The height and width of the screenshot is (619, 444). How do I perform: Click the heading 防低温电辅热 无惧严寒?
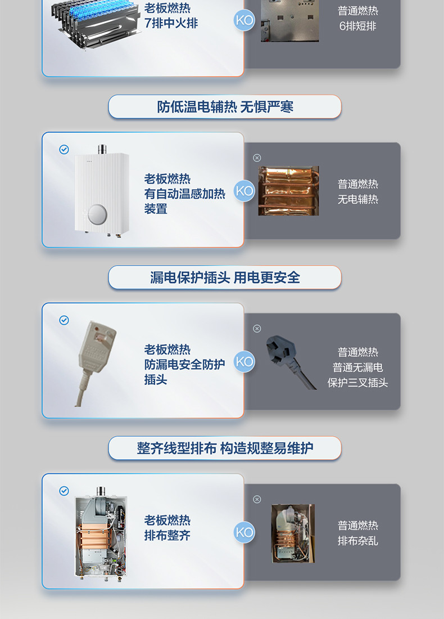tap(225, 106)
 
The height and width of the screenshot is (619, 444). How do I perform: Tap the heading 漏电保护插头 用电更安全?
tap(225, 277)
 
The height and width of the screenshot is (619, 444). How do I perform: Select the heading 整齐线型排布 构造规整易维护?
tap(225, 448)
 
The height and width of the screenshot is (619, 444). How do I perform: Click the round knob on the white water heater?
tap(97, 214)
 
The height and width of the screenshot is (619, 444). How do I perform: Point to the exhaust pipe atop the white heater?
tap(102, 149)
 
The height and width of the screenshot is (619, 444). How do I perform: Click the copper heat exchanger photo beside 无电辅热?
tap(288, 191)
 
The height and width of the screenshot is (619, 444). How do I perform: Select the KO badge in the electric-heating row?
tap(244, 191)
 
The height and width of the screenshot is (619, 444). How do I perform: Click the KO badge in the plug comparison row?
tap(244, 362)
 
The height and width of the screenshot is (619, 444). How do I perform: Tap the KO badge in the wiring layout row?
tap(244, 532)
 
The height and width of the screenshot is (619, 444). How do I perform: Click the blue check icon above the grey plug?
tap(64, 320)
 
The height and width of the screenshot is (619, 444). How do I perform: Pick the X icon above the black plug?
tap(257, 329)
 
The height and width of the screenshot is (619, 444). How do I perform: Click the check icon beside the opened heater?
tap(64, 491)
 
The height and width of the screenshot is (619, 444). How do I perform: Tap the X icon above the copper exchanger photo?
tap(257, 158)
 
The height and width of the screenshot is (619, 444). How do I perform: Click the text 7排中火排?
tap(171, 23)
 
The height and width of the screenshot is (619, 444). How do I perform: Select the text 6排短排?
tap(357, 26)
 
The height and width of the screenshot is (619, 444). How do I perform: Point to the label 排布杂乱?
tap(357, 541)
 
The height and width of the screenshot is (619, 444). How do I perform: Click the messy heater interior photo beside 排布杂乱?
tap(293, 533)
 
